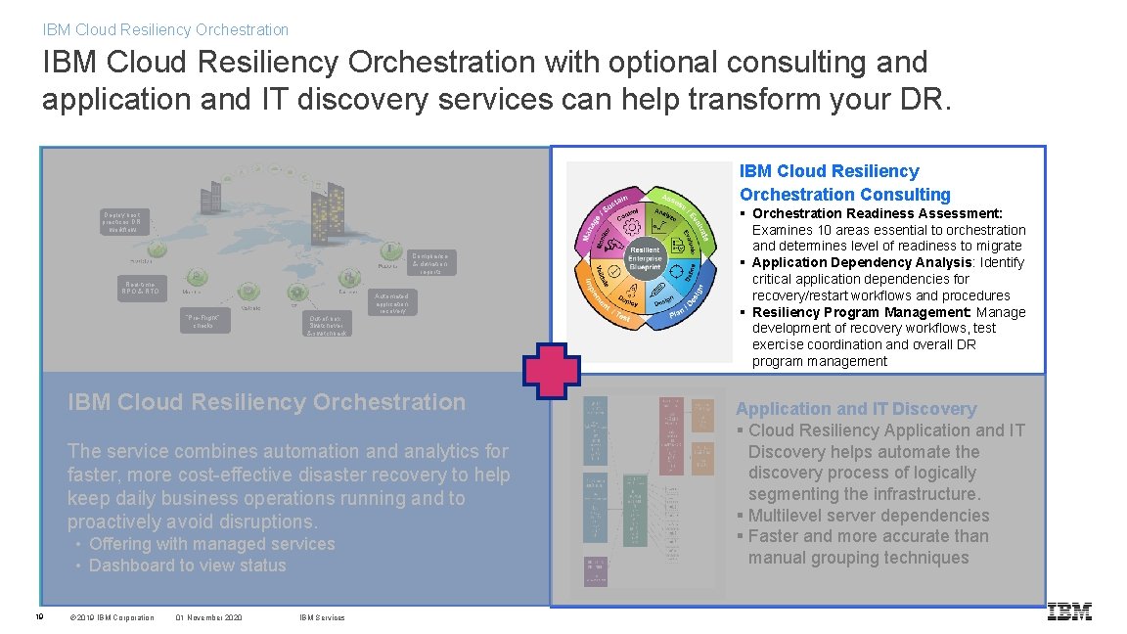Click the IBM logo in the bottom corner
1068,611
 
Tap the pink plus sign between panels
552,373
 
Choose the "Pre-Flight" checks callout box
205,321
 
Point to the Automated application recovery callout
392,301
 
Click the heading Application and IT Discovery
856,409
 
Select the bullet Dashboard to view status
187,566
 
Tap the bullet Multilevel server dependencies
868,516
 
